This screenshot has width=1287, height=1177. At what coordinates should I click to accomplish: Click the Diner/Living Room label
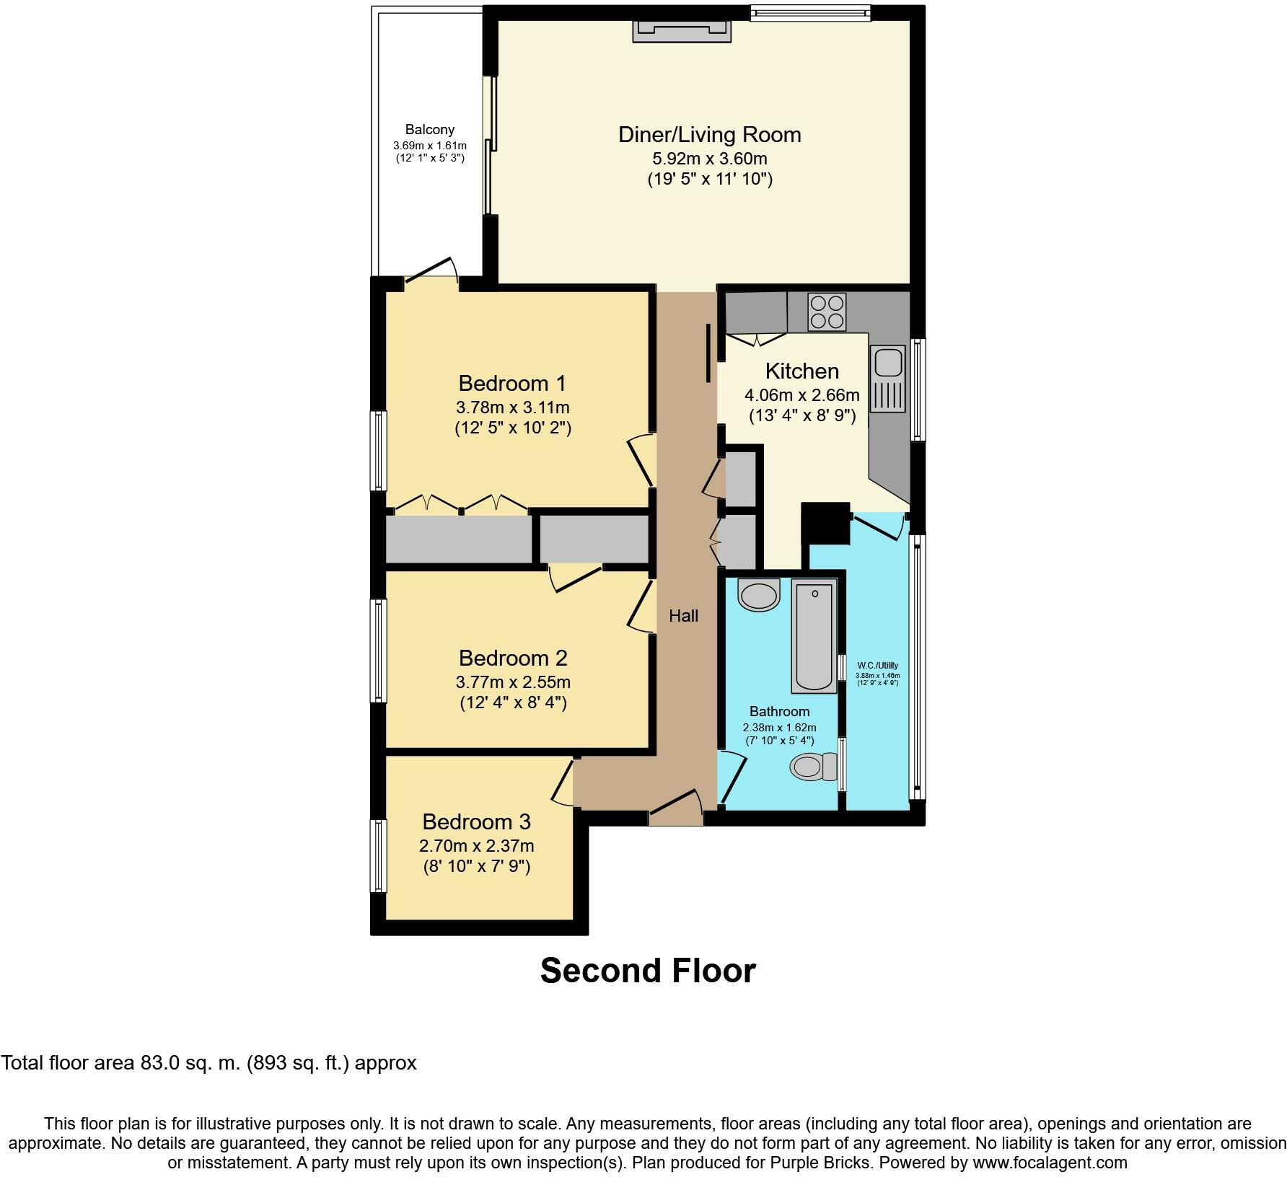(710, 135)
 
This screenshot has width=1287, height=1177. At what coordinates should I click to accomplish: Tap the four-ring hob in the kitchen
(827, 312)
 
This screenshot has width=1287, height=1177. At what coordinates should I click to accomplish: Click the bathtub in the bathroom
(814, 638)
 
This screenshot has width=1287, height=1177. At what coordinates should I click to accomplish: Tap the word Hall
(683, 616)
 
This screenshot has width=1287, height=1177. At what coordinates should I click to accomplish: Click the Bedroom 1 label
(512, 383)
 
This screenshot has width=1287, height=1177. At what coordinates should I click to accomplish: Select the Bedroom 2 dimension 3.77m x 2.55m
(513, 682)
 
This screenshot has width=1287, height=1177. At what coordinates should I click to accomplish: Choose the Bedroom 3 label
(476, 821)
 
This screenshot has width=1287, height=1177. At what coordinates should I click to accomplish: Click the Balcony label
(430, 130)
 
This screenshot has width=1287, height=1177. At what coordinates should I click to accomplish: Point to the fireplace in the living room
(682, 31)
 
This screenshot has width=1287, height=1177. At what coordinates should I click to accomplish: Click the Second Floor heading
(648, 970)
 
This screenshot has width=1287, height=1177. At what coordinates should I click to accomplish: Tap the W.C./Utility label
(877, 666)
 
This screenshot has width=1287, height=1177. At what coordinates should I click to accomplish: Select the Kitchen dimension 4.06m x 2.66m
(801, 395)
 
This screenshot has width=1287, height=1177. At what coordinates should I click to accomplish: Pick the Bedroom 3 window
(378, 855)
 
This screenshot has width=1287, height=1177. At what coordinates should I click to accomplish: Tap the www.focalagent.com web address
(1050, 1163)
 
